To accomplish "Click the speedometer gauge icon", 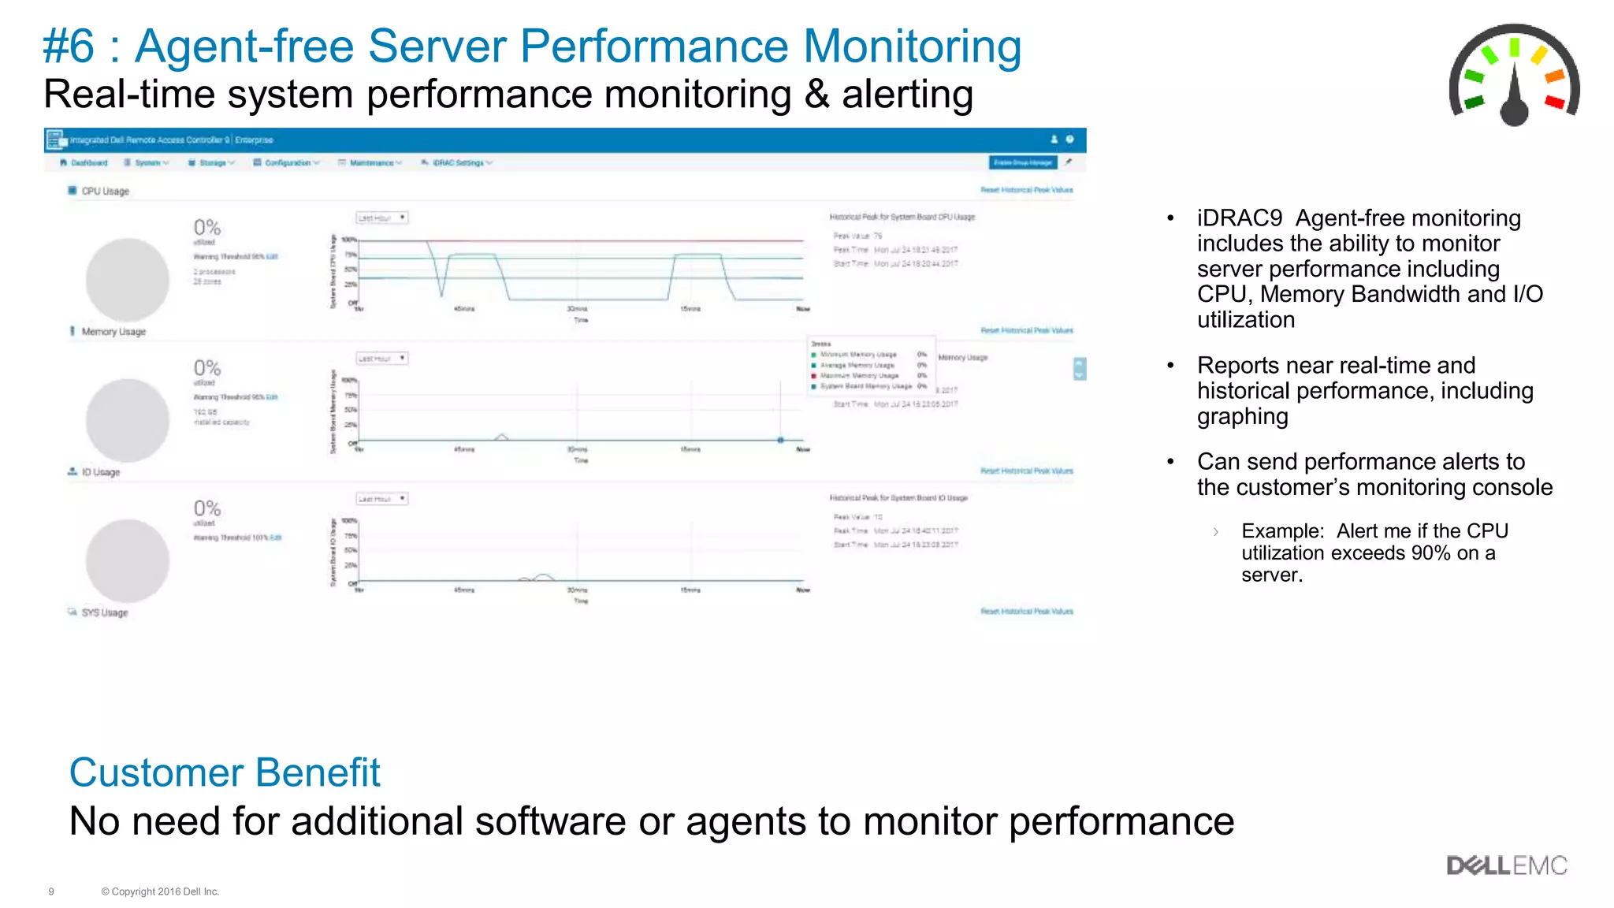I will click(1514, 76).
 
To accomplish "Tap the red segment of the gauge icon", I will click(1554, 102).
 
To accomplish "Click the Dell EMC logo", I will click(1506, 865).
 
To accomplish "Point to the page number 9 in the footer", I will click(51, 891).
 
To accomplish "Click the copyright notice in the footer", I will click(160, 891).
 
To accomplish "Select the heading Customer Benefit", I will click(225, 772).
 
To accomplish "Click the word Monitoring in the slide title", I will click(912, 46).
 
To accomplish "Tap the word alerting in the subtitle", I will click(907, 95).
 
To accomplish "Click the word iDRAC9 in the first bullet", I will click(1239, 218).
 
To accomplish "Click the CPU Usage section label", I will click(105, 192).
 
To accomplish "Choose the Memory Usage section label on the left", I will click(113, 332).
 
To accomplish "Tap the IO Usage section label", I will click(100, 472).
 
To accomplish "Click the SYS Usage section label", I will click(104, 612).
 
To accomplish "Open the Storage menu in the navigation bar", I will click(213, 163).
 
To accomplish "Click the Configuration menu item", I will click(287, 163).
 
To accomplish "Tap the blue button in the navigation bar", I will click(1022, 162).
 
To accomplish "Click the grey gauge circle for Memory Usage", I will click(127, 420).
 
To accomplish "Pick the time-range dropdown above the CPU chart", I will click(381, 218).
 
